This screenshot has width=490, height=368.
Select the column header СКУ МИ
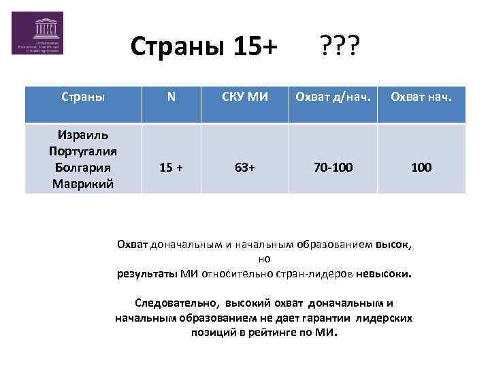[245, 97]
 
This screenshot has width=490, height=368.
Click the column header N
[171, 97]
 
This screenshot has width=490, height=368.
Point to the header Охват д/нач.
[333, 97]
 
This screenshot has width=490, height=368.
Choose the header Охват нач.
[421, 97]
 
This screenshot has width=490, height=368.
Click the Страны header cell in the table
[83, 97]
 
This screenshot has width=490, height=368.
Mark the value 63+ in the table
[245, 167]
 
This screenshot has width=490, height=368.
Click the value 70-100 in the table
[333, 167]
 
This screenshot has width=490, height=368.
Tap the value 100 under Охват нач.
[421, 167]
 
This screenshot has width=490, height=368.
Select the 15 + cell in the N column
[171, 167]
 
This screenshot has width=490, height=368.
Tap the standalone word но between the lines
[265, 259]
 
